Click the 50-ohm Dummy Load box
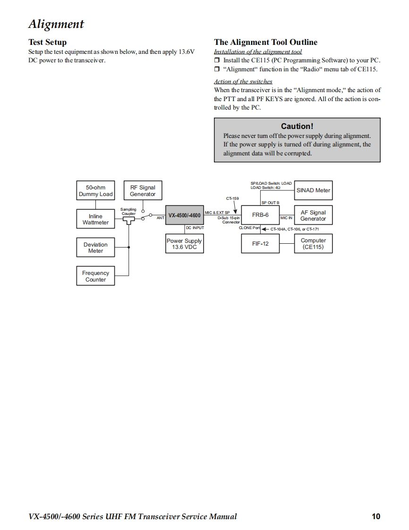click(95, 191)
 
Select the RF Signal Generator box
click(143, 191)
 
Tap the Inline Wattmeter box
click(95, 219)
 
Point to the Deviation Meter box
click(95, 248)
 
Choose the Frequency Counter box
click(95, 276)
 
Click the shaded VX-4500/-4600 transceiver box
click(184, 215)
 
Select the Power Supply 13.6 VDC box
click(184, 244)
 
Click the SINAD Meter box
click(313, 190)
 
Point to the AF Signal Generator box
click(313, 215)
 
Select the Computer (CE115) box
click(313, 244)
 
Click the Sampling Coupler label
click(128, 211)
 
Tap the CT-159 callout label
click(232, 199)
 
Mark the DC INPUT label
click(195, 228)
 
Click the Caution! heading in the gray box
click(297, 126)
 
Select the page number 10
click(375, 516)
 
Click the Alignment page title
click(56, 24)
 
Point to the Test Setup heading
click(47, 42)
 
